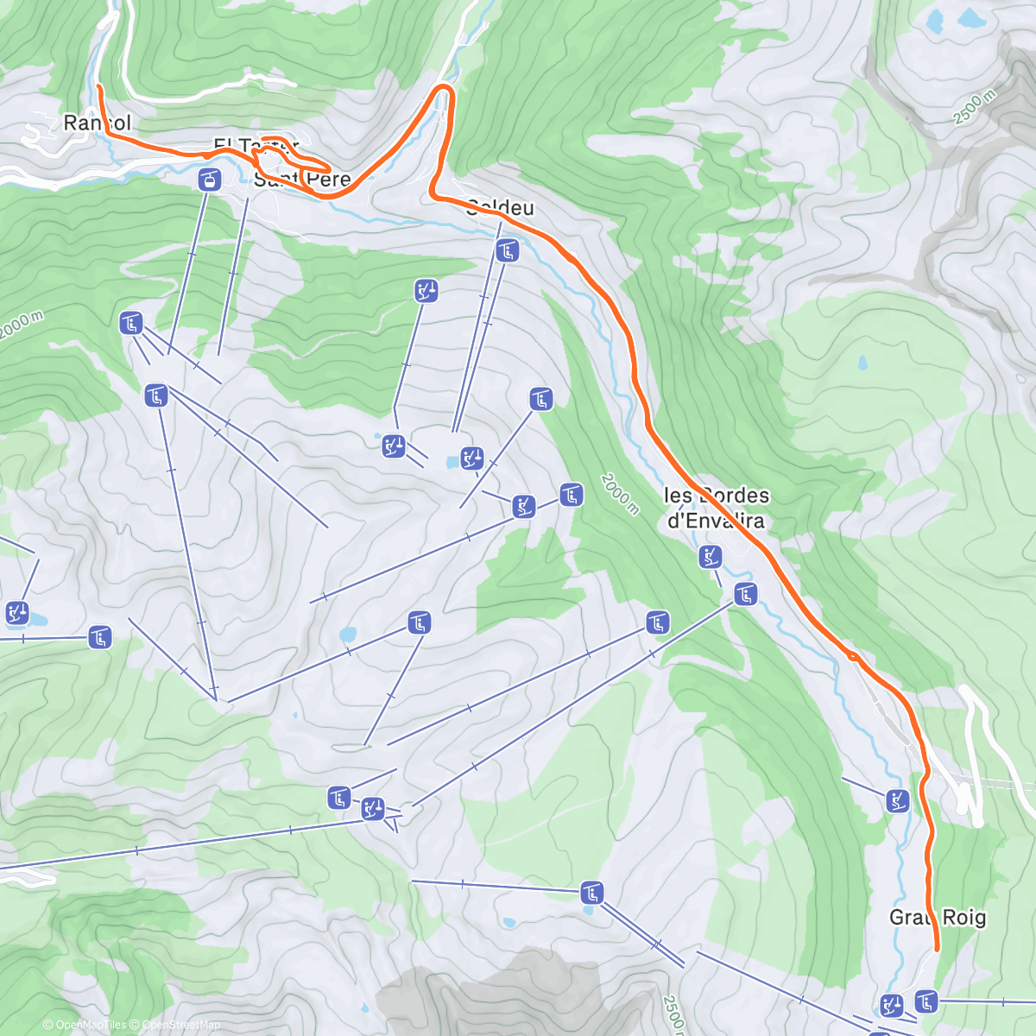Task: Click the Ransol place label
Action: [x=97, y=123]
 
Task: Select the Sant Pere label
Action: [x=302, y=180]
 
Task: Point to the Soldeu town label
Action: [x=500, y=207]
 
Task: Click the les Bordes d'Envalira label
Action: [x=717, y=508]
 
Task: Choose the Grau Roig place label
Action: [x=938, y=917]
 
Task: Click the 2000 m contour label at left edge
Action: [x=21, y=325]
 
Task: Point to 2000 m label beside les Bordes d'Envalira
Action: [x=620, y=494]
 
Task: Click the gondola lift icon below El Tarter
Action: [x=210, y=180]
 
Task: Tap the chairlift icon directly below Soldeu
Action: [x=508, y=250]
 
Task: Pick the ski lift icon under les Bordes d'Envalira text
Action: [x=710, y=557]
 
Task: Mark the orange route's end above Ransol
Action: [x=98, y=87]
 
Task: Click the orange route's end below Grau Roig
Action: [x=937, y=949]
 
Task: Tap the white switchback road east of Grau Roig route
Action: [x=975, y=760]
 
